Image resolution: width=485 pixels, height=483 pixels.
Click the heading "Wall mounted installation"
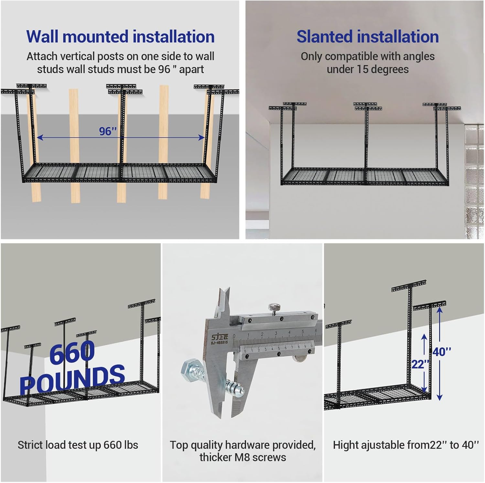120,36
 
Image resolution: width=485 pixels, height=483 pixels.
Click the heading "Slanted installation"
368,36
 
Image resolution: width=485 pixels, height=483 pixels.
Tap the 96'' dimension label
108,131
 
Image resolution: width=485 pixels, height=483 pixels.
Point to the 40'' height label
442,352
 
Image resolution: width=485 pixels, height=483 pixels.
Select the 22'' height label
420,365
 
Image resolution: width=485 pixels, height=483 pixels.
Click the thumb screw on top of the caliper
274,308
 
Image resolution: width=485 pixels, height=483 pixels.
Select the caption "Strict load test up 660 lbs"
78,445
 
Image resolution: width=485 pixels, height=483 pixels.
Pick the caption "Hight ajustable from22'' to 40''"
406,445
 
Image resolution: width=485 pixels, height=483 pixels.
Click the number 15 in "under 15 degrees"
362,69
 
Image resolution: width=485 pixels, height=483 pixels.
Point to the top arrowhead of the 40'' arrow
439,310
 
